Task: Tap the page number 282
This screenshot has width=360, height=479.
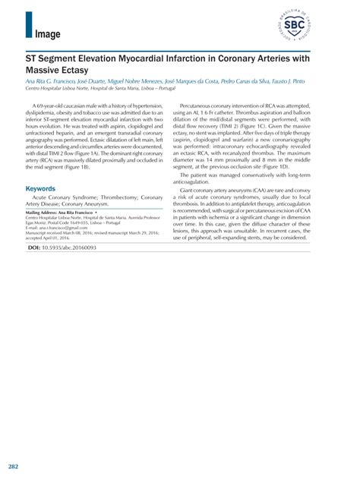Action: [x=13, y=465]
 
